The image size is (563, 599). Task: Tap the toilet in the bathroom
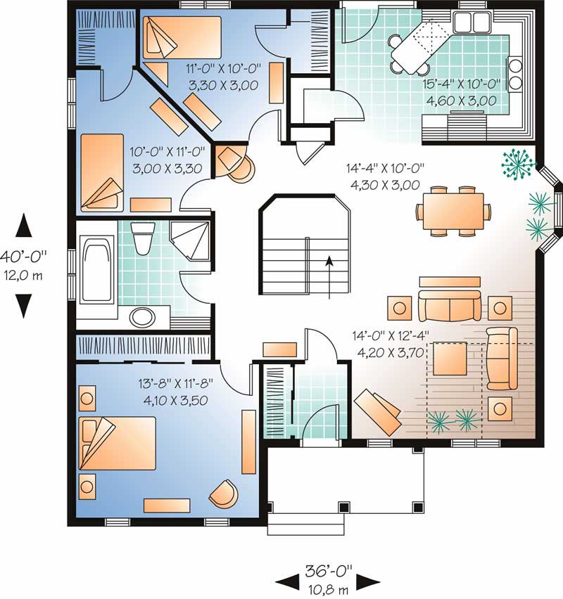click(143, 238)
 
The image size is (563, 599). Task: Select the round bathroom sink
click(143, 317)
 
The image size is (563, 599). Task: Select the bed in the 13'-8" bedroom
click(117, 442)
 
